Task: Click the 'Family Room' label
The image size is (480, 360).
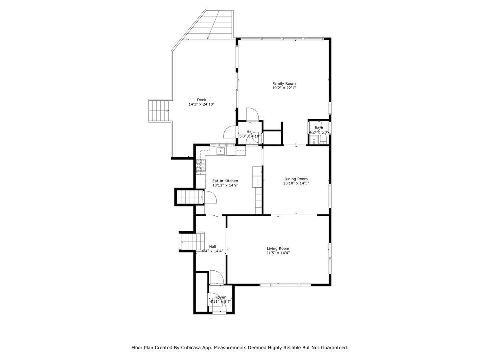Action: tap(284, 84)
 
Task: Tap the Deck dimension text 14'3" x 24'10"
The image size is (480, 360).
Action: tap(201, 104)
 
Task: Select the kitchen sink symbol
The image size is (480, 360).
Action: tap(220, 150)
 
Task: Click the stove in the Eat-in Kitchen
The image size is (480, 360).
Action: tap(200, 165)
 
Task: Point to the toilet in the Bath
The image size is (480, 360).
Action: tap(323, 139)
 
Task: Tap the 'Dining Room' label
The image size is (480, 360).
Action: tap(296, 179)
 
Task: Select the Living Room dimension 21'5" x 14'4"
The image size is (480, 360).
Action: tap(278, 253)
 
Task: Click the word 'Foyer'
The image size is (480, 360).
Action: tap(220, 297)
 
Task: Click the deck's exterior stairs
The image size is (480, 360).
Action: tap(159, 111)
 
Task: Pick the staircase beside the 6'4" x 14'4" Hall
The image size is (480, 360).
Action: tap(192, 242)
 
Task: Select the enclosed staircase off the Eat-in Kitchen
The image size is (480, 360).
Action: tap(190, 197)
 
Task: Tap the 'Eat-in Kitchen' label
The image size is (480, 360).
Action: tap(225, 181)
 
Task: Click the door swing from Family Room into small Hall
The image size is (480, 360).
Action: tap(252, 114)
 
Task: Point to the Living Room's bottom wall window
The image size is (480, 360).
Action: tap(285, 285)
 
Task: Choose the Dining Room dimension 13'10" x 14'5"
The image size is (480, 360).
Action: tap(296, 183)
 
